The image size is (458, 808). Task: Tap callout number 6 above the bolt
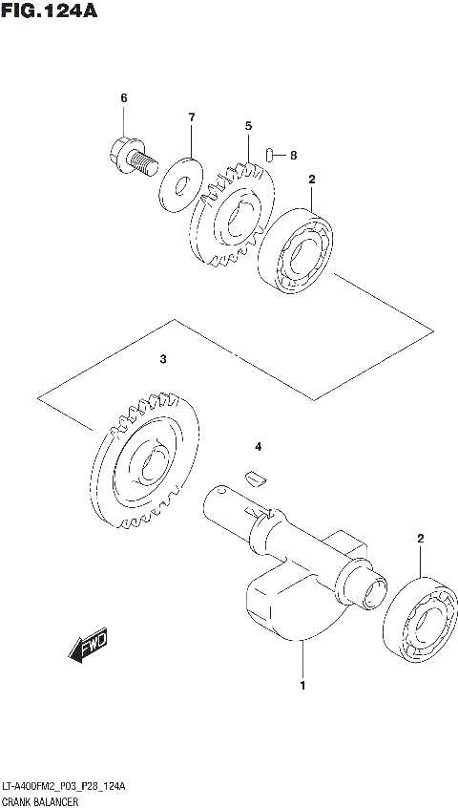123,98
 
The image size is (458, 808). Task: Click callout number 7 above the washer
191,117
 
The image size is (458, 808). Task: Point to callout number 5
247,125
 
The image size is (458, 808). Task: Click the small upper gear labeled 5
232,217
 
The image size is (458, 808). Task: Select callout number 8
293,155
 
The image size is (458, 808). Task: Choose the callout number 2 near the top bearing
311,179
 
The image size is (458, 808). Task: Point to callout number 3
163,360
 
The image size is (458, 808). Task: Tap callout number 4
257,446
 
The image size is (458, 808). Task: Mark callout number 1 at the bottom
302,685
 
